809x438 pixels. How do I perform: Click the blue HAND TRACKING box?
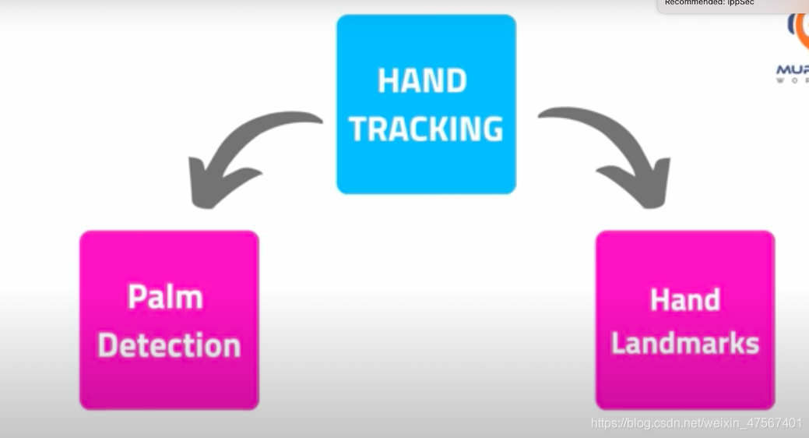point(426,104)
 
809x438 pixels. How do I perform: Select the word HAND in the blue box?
point(422,82)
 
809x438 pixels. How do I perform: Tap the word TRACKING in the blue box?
point(426,129)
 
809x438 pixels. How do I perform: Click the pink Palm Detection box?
point(169,320)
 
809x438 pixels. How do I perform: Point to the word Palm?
point(165,298)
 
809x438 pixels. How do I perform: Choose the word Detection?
point(169,345)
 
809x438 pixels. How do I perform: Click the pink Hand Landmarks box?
point(685,320)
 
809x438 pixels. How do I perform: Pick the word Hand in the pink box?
point(685,301)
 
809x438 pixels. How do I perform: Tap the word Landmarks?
point(685,343)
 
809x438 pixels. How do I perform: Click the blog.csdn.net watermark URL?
point(697,423)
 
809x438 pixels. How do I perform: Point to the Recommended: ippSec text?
point(705,3)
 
